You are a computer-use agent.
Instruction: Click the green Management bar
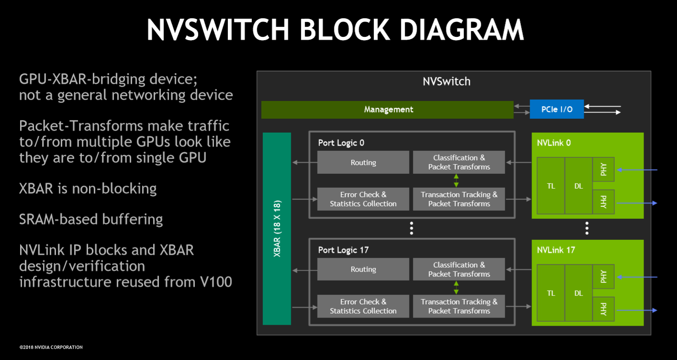pyautogui.click(x=387, y=110)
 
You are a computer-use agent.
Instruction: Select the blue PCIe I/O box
pyautogui.click(x=557, y=109)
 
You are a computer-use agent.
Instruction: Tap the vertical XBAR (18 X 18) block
pyautogui.click(x=277, y=228)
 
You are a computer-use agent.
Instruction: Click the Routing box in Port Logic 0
pyautogui.click(x=363, y=162)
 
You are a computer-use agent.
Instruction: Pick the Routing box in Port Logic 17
pyautogui.click(x=363, y=270)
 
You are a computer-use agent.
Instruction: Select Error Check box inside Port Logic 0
pyautogui.click(x=363, y=199)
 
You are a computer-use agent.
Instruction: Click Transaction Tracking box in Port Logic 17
pyautogui.click(x=459, y=306)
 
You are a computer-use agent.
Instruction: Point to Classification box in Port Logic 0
pyautogui.click(x=459, y=162)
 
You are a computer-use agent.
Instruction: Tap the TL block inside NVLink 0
pyautogui.click(x=551, y=186)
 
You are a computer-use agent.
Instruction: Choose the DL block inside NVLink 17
pyautogui.click(x=578, y=293)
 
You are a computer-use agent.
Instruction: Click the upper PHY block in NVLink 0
pyautogui.click(x=603, y=169)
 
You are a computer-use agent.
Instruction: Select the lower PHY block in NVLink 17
pyautogui.click(x=603, y=310)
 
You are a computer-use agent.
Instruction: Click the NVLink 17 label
pyautogui.click(x=556, y=250)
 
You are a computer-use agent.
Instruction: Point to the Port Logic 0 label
pyautogui.click(x=341, y=143)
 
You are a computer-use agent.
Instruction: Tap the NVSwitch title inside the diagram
pyautogui.click(x=446, y=81)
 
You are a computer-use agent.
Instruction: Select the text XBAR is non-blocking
pyautogui.click(x=88, y=188)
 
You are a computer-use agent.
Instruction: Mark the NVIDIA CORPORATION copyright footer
pyautogui.click(x=51, y=347)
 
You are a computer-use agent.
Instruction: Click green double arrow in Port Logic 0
pyautogui.click(x=456, y=180)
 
